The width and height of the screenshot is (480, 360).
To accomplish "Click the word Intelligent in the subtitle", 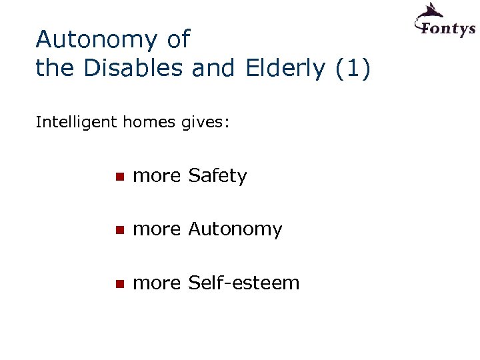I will click(77, 123).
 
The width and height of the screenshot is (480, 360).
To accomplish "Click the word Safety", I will click(217, 176).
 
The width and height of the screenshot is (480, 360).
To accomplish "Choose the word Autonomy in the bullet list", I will click(235, 229).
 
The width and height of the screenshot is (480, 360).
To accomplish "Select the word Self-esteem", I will click(244, 283).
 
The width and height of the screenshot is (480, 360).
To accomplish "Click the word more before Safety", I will click(157, 177).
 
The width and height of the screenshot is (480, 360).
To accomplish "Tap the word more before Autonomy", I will click(157, 230).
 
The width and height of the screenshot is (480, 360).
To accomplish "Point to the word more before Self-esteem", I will click(157, 283).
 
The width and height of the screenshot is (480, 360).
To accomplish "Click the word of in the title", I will click(178, 40).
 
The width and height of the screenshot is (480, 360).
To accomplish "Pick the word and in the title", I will click(213, 67).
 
